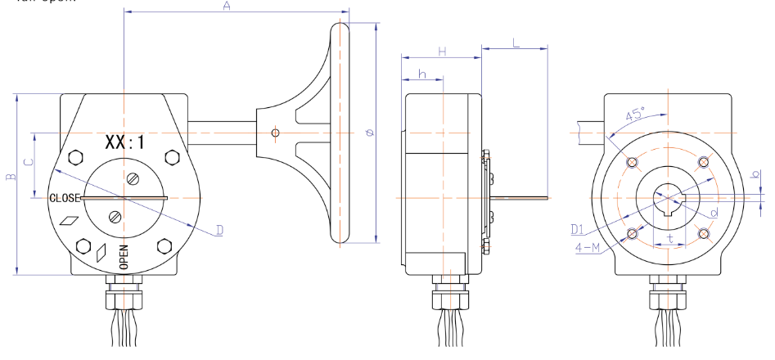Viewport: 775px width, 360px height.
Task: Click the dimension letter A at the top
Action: [227, 7]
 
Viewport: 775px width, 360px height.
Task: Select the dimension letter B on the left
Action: [9, 178]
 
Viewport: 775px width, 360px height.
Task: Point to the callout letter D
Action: [219, 231]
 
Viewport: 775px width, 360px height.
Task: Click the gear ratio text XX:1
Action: [124, 142]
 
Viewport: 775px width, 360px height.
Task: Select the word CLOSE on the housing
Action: [65, 198]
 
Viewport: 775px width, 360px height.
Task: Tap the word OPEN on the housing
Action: [124, 257]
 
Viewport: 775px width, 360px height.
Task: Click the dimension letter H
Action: [441, 51]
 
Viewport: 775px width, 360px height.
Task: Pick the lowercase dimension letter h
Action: [421, 74]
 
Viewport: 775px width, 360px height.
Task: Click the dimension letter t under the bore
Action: [670, 239]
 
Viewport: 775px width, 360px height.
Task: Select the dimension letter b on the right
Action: [757, 173]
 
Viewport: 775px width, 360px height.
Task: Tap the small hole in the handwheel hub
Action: [276, 133]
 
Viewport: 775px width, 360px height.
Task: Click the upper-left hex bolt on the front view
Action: [78, 157]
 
